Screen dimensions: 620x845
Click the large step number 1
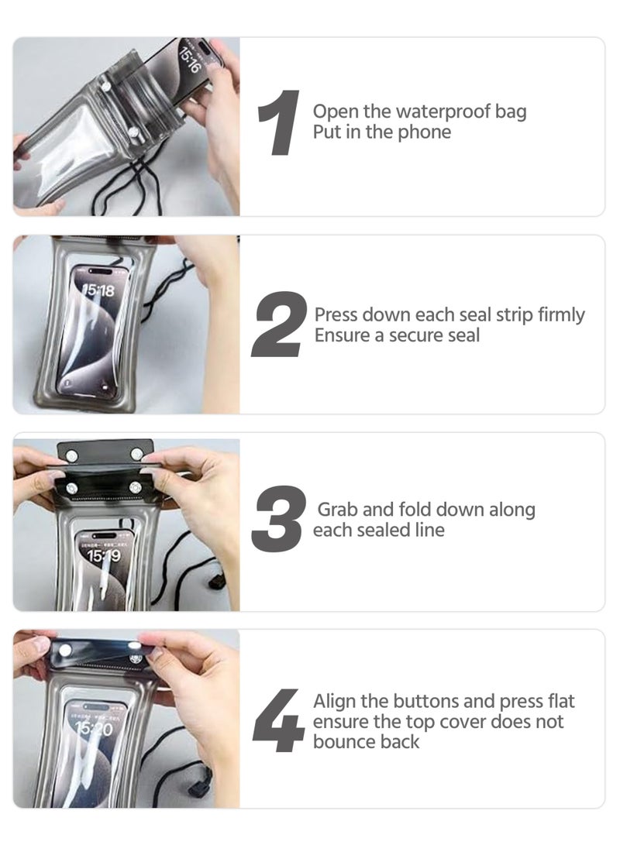point(279,123)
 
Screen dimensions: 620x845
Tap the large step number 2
point(279,325)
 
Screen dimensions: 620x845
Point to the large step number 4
point(278,720)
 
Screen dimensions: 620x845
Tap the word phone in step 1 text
point(424,132)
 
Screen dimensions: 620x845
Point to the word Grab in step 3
point(337,510)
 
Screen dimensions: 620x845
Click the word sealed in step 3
point(377,531)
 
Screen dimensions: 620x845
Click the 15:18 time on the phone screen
point(99,290)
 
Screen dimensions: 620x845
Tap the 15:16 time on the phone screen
point(190,60)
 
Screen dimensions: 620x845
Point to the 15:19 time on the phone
point(104,555)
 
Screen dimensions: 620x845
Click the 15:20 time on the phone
point(95,730)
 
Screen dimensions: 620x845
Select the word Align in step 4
point(335,702)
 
